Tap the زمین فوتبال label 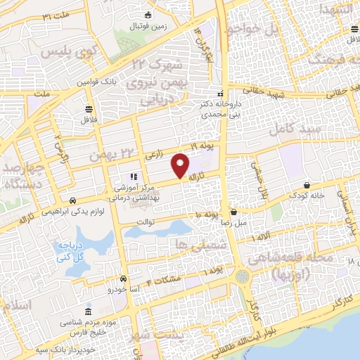[145, 26]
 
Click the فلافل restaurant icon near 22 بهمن [89, 109]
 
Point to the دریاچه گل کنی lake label [72, 250]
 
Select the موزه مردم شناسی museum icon [88, 311]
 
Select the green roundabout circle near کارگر [243, 277]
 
